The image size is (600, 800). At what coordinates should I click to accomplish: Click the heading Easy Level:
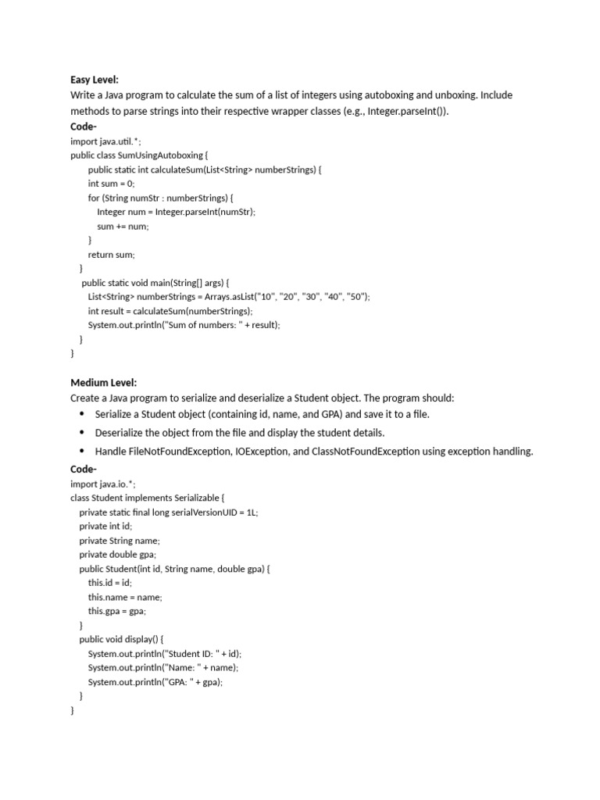(x=95, y=80)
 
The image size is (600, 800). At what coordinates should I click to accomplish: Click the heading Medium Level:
(x=104, y=383)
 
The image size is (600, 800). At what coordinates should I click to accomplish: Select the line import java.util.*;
(x=106, y=141)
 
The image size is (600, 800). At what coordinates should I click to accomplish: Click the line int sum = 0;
(x=112, y=184)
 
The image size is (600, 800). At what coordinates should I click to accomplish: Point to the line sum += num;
(x=123, y=226)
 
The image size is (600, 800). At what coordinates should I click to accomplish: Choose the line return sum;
(x=112, y=255)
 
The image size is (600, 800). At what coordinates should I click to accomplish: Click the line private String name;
(x=120, y=541)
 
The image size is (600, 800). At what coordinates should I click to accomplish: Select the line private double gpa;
(x=118, y=555)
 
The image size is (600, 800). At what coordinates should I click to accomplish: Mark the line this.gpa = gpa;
(x=117, y=611)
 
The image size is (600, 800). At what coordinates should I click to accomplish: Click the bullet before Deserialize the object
(x=82, y=432)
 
